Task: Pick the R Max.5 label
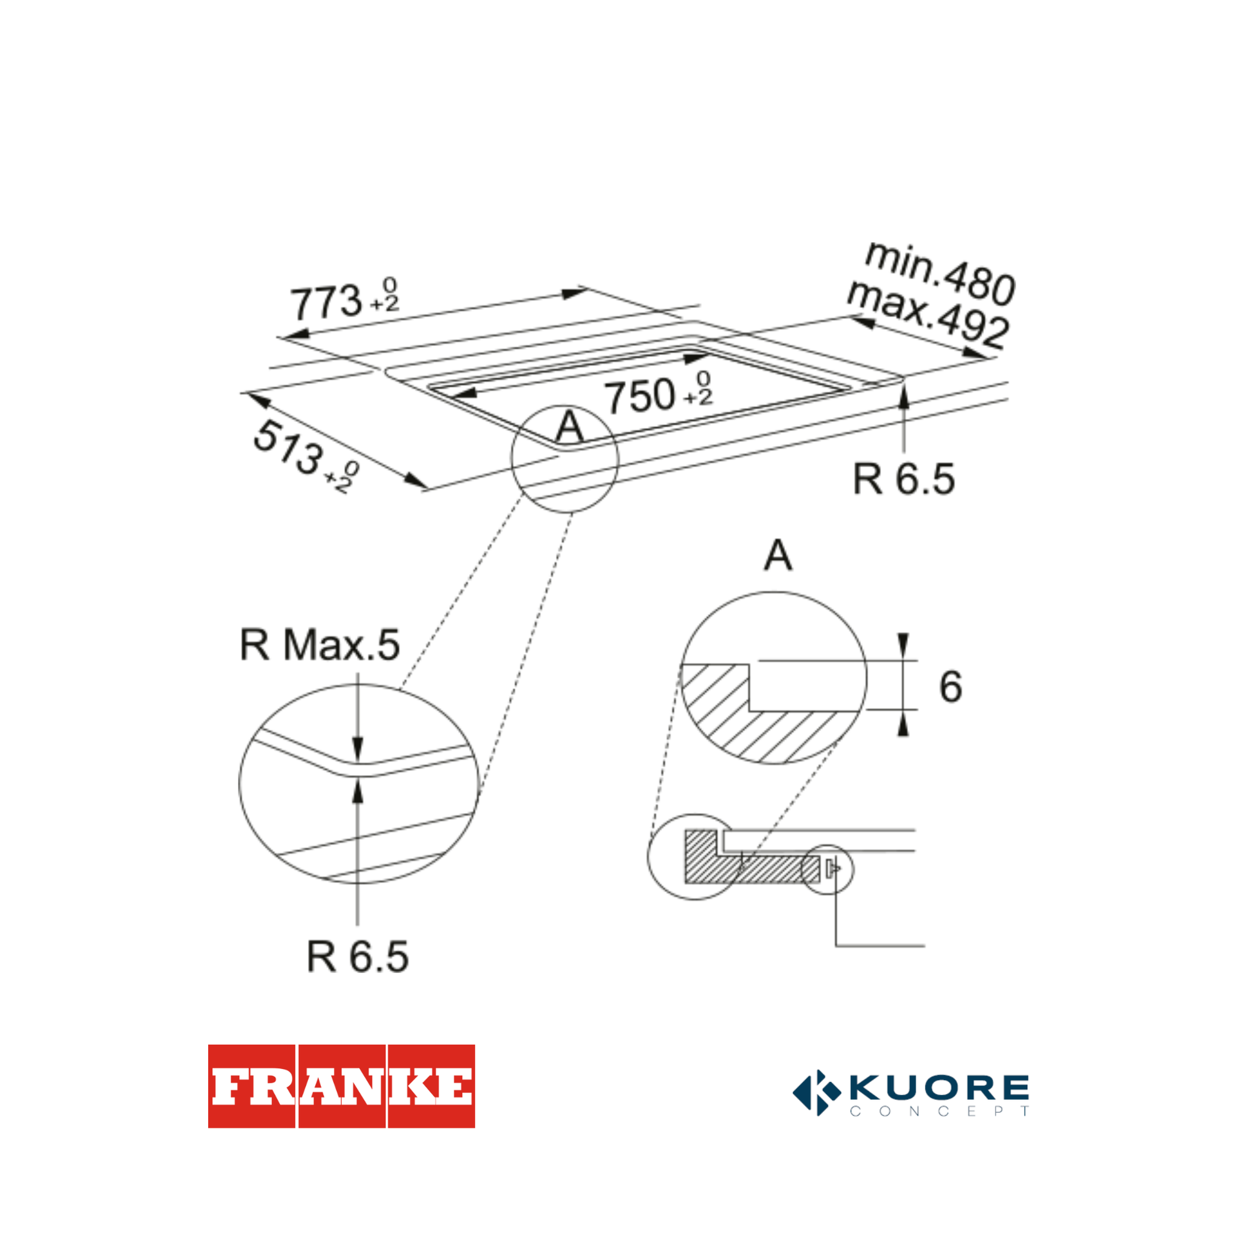pos(320,645)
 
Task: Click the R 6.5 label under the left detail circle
pos(358,957)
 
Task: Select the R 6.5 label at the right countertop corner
pos(903,479)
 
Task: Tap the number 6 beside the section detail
pos(950,687)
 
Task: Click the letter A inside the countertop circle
pos(569,427)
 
